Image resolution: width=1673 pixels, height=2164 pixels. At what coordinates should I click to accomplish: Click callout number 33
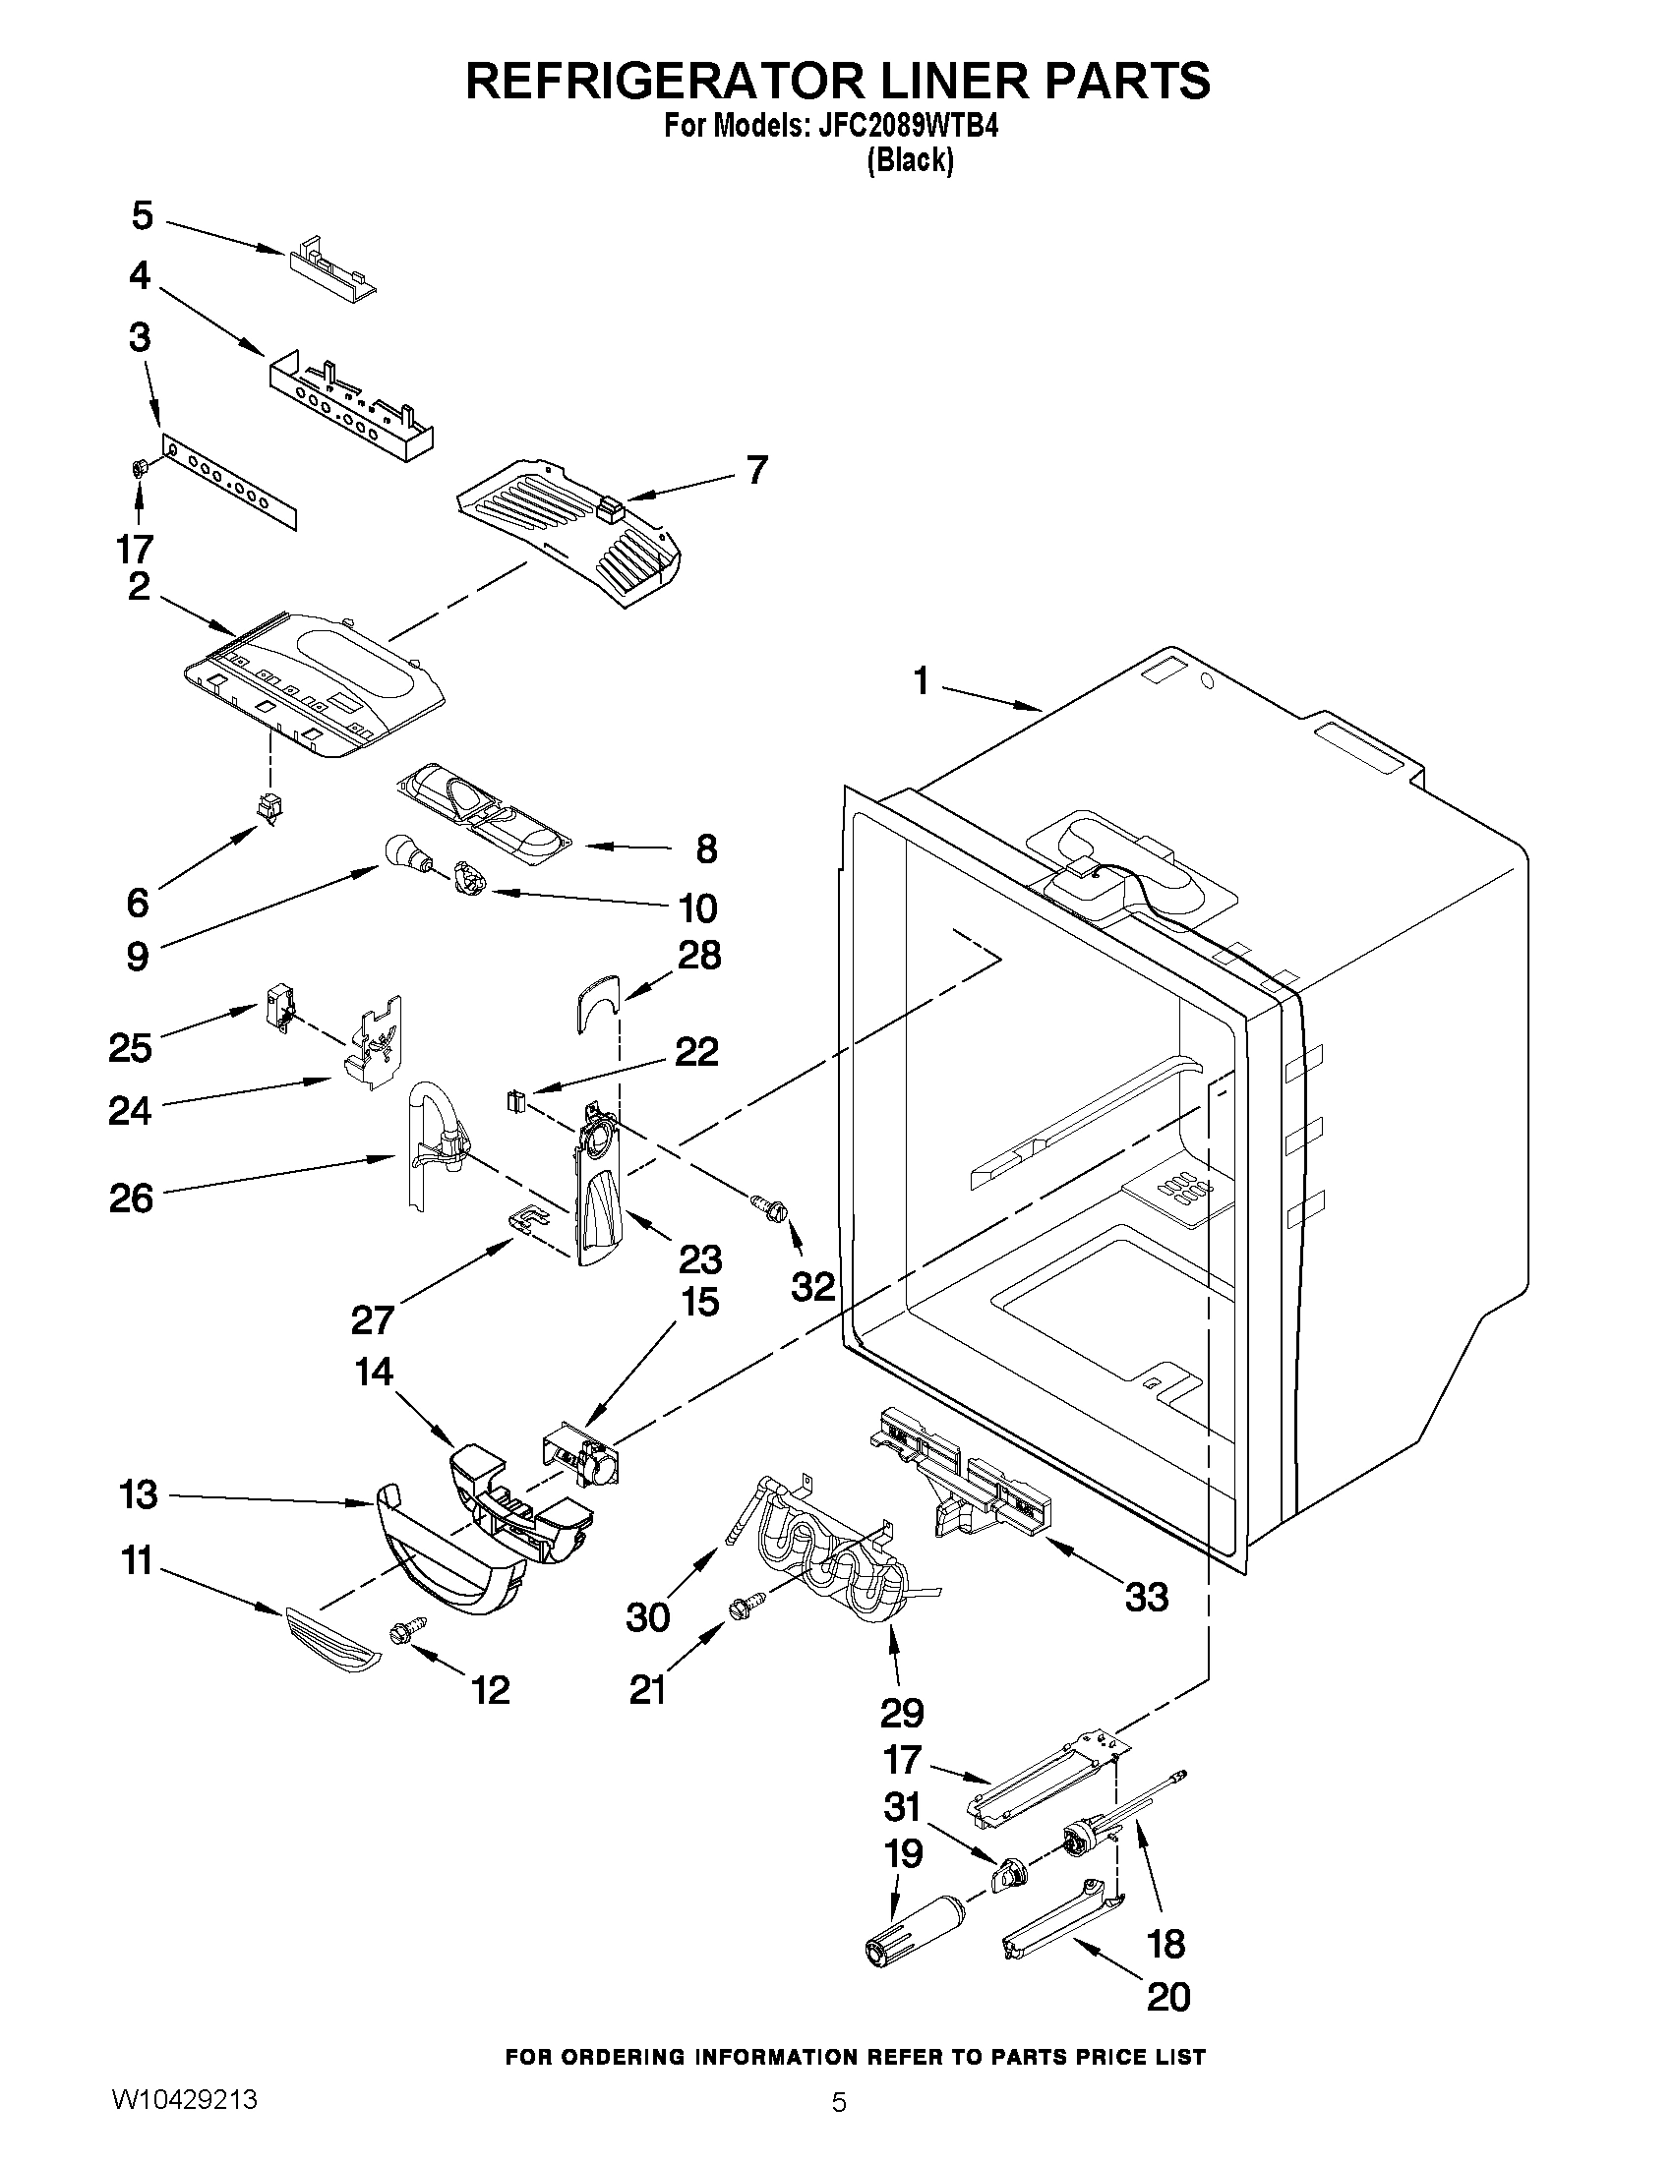coord(1147,1598)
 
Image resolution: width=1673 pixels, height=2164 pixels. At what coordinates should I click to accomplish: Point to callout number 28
coord(698,957)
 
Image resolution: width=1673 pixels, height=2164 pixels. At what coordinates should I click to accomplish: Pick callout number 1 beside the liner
coord(922,681)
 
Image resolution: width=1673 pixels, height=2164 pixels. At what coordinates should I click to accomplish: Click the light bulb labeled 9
coord(400,851)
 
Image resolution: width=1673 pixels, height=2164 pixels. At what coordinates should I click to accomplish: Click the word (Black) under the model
coord(909,160)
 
